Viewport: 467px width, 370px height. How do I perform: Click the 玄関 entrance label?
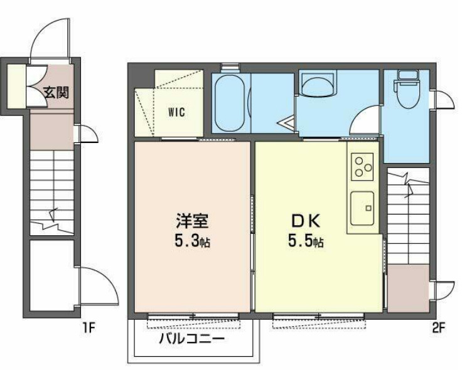point(55,92)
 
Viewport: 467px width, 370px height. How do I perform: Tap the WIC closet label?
point(176,113)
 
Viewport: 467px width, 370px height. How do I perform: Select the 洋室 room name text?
point(191,221)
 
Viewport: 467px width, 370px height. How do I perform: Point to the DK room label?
point(306,221)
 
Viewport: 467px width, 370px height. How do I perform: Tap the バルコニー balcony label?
point(191,340)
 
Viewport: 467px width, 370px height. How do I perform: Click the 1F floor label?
point(89,327)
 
